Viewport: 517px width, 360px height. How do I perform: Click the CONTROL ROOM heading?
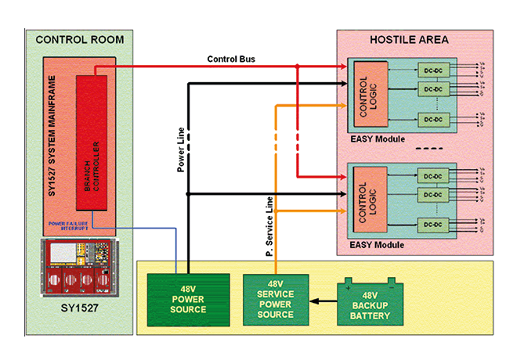tap(80, 40)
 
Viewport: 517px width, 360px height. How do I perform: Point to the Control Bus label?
tap(230, 59)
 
